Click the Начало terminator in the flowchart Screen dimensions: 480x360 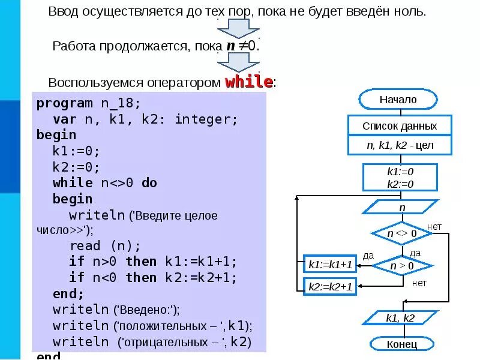(x=398, y=100)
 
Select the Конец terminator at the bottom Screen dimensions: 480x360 (x=401, y=344)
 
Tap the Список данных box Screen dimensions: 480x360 (x=399, y=126)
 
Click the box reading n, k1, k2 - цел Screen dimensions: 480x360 (x=400, y=145)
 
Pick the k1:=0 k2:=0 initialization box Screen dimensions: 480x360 (x=400, y=178)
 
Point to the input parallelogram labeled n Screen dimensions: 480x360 (x=401, y=207)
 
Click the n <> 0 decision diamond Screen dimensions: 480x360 (x=401, y=233)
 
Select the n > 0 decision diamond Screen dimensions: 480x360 (x=401, y=265)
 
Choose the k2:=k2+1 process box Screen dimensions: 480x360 (x=330, y=287)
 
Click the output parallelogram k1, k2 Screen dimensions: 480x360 (x=400, y=318)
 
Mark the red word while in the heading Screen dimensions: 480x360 (x=249, y=82)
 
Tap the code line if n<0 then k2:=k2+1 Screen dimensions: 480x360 (x=153, y=277)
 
